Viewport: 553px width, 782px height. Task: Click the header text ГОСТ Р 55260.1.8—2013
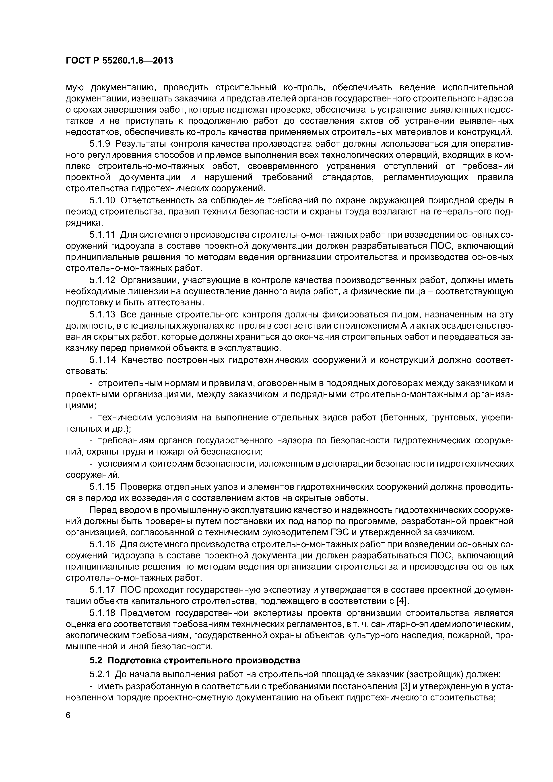point(119,61)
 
